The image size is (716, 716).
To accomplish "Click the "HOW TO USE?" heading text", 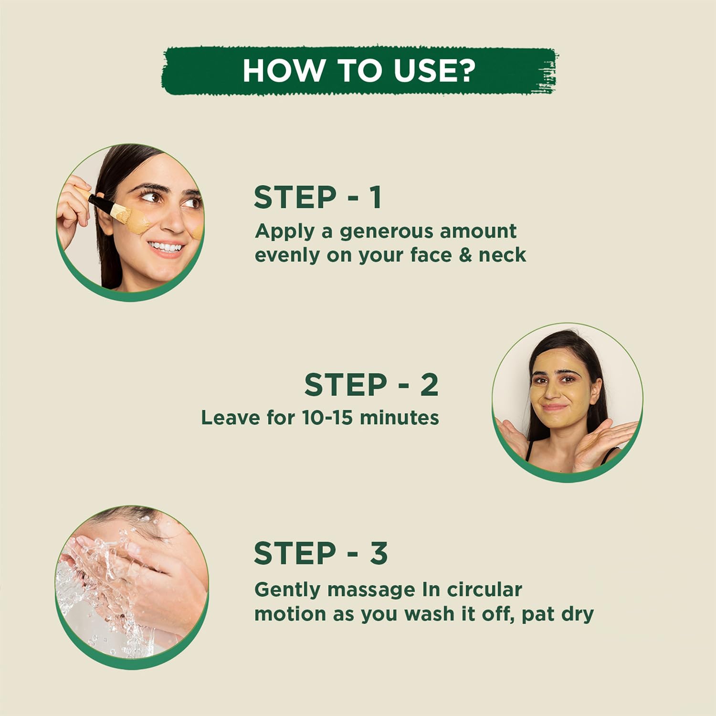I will pos(359,71).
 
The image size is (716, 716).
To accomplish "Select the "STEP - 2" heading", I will pos(371,385).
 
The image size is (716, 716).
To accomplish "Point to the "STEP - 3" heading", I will pos(321,553).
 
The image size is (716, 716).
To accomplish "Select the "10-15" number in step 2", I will pos(327,418).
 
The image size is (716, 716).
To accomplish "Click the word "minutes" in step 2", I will pos(399,418).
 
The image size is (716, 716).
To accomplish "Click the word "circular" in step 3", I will pos(484,590).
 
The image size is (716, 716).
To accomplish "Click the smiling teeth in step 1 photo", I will pos(165,247).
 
